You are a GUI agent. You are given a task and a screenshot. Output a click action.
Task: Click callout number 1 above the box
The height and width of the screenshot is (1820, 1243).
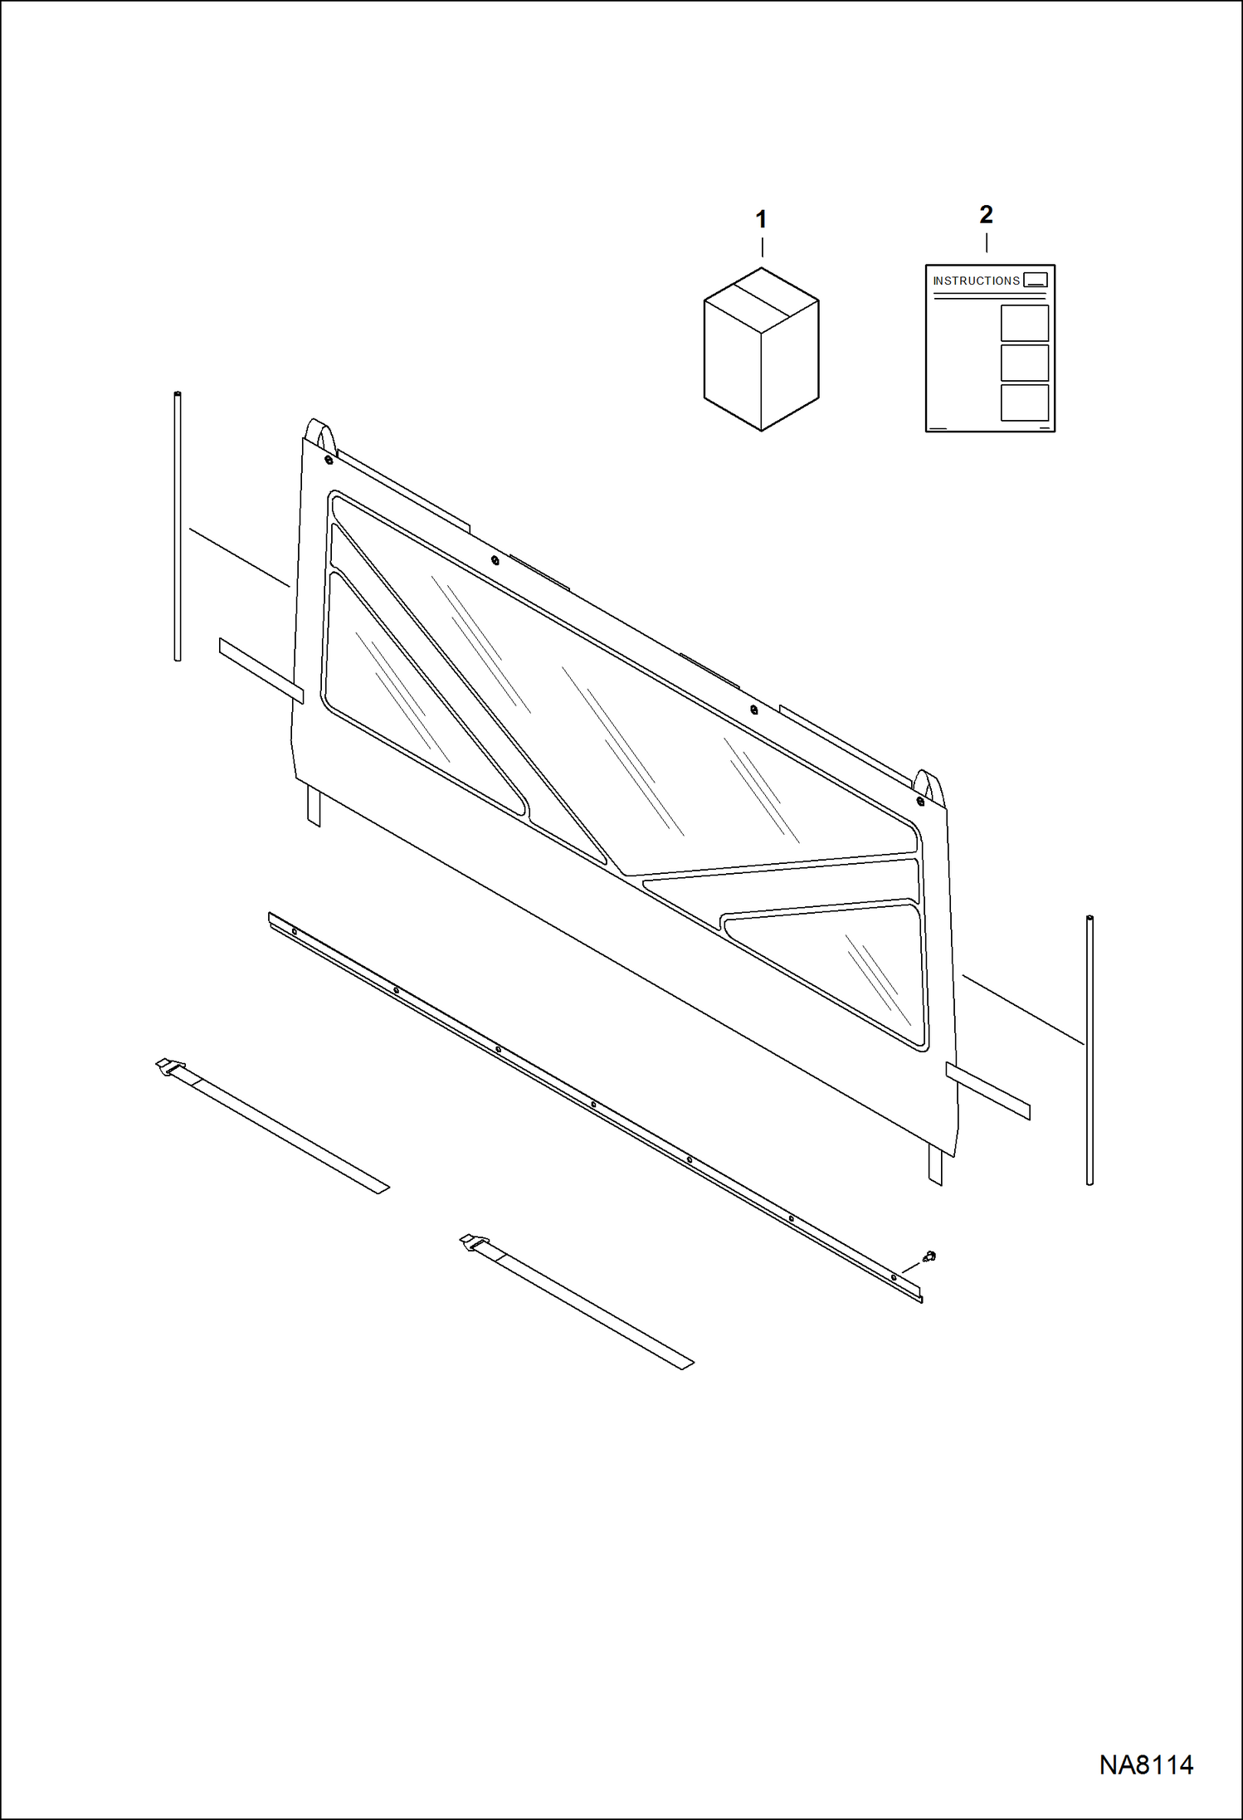(761, 220)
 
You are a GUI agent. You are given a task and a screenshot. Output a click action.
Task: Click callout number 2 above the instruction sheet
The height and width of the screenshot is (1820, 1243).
(986, 215)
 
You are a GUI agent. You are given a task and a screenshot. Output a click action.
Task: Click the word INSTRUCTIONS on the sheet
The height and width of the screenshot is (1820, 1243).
(976, 281)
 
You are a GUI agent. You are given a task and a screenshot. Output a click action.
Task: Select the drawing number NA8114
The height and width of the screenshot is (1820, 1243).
(1146, 1764)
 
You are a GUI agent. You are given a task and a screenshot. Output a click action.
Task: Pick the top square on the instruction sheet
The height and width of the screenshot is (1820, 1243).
(1025, 323)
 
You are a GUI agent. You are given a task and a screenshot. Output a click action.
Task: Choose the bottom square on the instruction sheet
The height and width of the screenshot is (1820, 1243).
(1025, 403)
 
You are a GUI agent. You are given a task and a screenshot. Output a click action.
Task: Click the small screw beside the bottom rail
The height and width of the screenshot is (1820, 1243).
(929, 1256)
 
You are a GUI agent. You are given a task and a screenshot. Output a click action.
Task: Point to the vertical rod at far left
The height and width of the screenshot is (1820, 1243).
(178, 526)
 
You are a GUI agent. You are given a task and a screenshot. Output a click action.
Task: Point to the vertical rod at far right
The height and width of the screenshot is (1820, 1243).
(1089, 1050)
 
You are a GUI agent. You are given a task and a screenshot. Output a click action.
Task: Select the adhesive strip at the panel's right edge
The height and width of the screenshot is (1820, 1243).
(987, 1091)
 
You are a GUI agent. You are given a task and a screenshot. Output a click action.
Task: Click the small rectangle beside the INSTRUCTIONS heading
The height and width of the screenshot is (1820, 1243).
(1036, 280)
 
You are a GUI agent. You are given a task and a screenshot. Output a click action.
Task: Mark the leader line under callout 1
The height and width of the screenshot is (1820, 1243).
(762, 247)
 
